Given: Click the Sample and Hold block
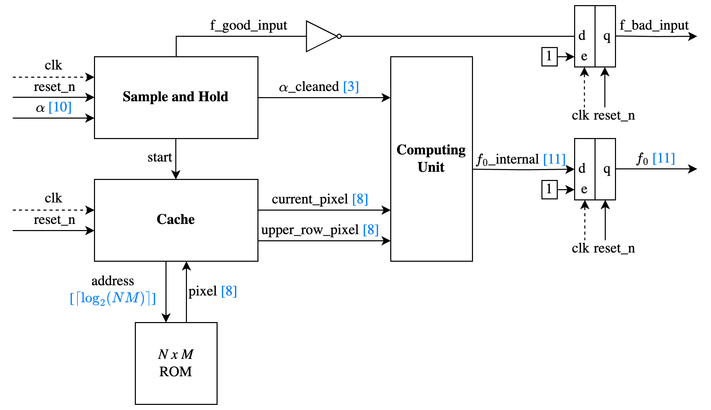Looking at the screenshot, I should (x=176, y=97).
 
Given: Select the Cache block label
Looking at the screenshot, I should (x=176, y=219).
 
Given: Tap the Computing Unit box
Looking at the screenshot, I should (x=431, y=159).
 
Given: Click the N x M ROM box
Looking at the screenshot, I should (x=176, y=363).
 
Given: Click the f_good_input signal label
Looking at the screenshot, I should (x=249, y=26).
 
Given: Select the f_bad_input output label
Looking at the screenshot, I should (x=654, y=26).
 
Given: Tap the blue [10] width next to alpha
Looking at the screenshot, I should (x=60, y=107).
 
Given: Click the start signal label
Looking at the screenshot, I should (x=159, y=157).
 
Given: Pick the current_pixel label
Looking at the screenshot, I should (x=310, y=199).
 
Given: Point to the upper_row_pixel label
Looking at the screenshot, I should (x=310, y=230).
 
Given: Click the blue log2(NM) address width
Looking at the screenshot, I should (x=113, y=298).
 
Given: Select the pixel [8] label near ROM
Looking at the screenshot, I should (x=212, y=291).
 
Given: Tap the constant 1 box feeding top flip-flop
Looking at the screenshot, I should (x=549, y=57).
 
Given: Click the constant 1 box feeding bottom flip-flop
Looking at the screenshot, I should (x=549, y=189).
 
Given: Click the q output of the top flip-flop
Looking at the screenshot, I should (x=606, y=36).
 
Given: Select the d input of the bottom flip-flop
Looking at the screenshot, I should (x=582, y=169).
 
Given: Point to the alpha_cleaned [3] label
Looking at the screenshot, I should (x=319, y=87).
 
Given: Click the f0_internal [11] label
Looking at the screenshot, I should (x=521, y=160).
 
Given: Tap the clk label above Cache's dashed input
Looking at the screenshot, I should (x=53, y=198).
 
